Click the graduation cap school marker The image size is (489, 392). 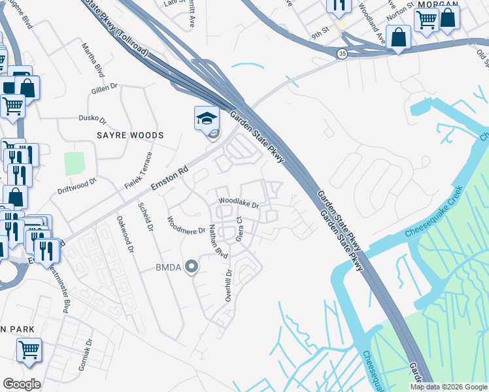206,119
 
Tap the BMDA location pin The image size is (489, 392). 191,267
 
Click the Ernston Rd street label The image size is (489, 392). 169,177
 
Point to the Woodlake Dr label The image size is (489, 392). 239,204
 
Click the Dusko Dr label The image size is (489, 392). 92,119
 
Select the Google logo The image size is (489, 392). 22,384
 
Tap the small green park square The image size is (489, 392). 75,163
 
